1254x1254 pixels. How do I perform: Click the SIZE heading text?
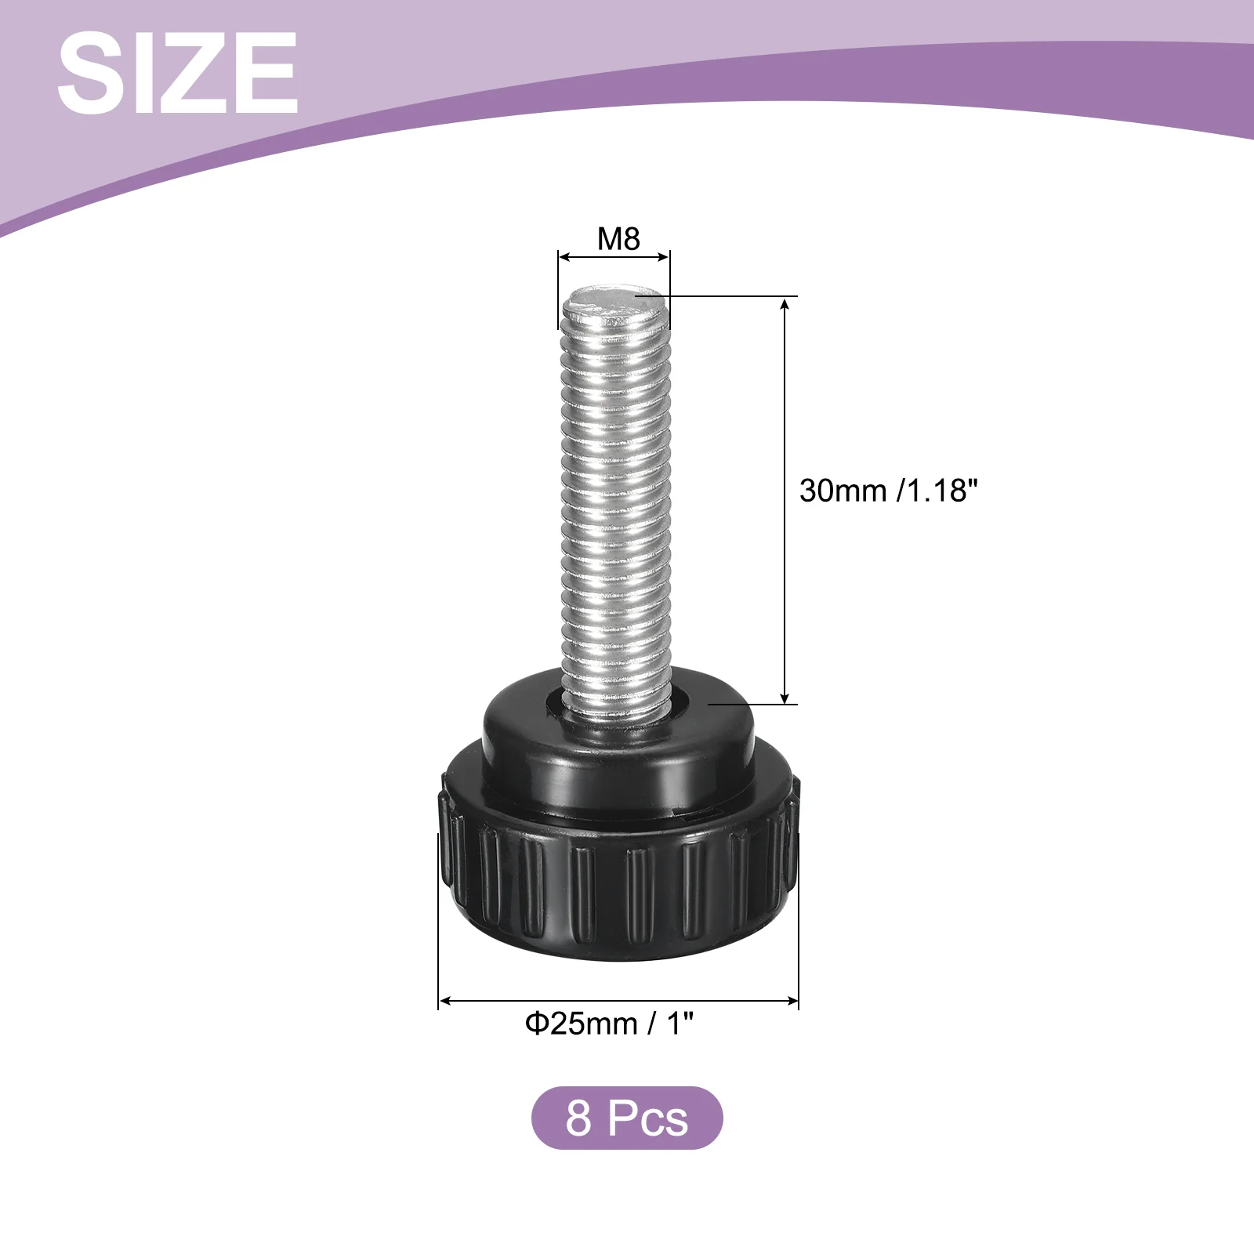[177, 74]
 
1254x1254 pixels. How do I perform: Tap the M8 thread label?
[618, 239]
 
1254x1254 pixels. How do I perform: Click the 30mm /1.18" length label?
[889, 491]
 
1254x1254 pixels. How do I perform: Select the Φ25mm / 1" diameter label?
[610, 1024]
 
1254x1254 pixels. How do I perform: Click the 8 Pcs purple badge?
[627, 1118]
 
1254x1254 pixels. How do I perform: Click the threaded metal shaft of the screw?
[616, 502]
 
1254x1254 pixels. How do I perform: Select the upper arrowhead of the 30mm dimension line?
[785, 303]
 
